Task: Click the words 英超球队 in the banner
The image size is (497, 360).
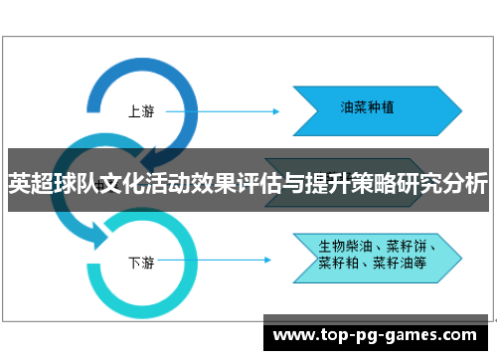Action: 45,184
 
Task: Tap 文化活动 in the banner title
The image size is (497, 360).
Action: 124,184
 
